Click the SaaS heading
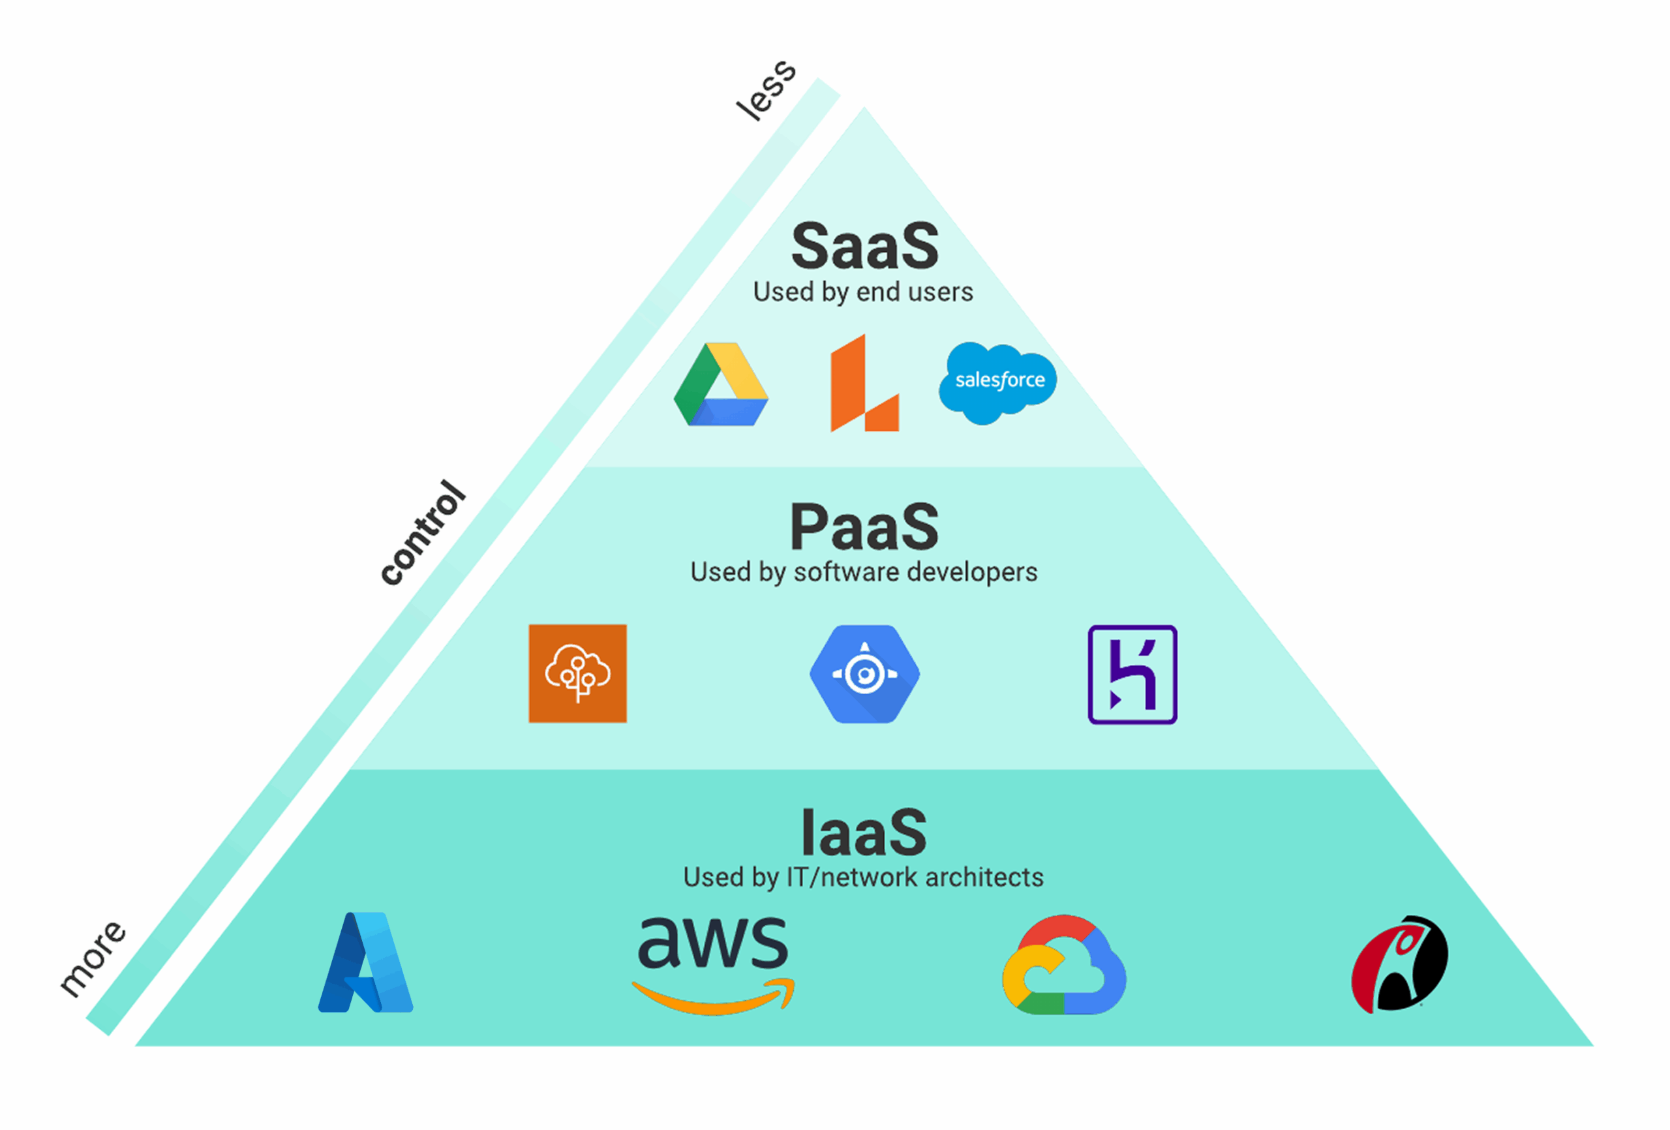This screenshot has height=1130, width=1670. [x=864, y=246]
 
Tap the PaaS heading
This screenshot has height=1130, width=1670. [x=864, y=527]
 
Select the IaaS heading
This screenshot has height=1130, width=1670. [x=864, y=832]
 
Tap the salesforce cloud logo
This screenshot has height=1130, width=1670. [x=998, y=381]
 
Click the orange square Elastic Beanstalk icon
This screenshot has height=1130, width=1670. [x=578, y=673]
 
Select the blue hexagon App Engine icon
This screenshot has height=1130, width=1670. [x=864, y=673]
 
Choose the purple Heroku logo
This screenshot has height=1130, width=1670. [x=1132, y=674]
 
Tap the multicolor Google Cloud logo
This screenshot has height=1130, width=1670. [x=1063, y=965]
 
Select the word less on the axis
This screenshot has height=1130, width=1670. [x=766, y=91]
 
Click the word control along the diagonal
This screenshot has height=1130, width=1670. [x=423, y=532]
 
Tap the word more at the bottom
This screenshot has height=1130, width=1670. [x=93, y=958]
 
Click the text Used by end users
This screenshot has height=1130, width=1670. [x=863, y=292]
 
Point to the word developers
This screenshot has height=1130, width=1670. [x=971, y=572]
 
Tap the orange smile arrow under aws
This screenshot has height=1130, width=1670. [x=713, y=998]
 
